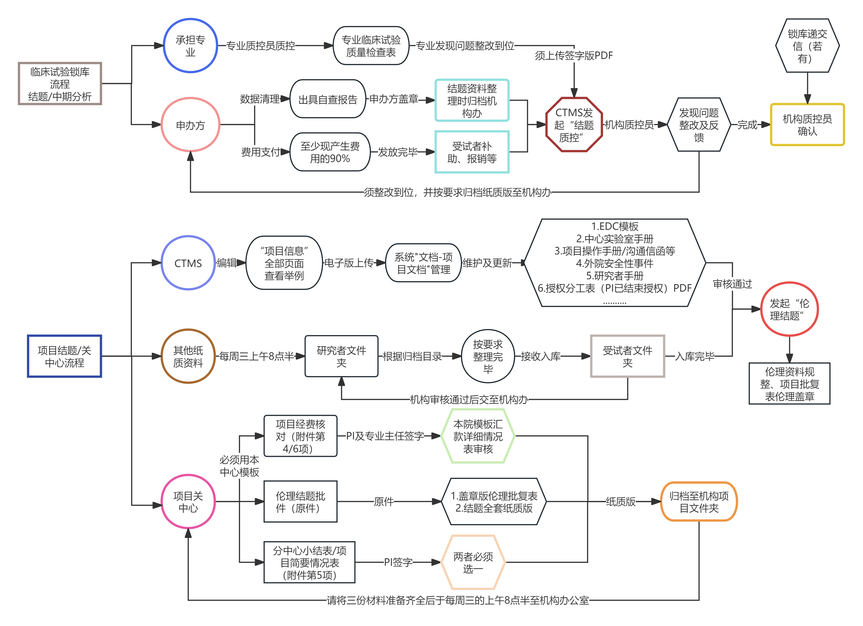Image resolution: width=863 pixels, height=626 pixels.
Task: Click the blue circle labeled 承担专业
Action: click(x=190, y=46)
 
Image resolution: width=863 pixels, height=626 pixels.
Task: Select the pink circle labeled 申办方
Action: click(x=190, y=125)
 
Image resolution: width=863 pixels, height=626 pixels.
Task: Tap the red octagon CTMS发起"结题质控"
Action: click(x=574, y=125)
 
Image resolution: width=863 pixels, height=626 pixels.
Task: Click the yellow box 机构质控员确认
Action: click(x=807, y=125)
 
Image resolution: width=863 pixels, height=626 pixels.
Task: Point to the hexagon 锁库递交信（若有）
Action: click(x=807, y=46)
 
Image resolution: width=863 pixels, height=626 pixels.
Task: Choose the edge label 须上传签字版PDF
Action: click(x=574, y=56)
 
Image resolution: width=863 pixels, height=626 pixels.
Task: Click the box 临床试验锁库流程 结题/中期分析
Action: click(x=60, y=84)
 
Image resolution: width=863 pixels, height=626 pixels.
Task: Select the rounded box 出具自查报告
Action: click(x=328, y=99)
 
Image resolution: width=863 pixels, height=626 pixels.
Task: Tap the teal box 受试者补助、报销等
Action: click(x=472, y=152)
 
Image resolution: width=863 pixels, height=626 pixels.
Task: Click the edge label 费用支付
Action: click(x=261, y=152)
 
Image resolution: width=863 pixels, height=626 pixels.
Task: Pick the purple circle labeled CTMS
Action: click(x=188, y=263)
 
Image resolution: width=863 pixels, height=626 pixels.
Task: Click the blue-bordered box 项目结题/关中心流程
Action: click(x=64, y=356)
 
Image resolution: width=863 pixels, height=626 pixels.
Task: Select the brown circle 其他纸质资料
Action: click(x=188, y=356)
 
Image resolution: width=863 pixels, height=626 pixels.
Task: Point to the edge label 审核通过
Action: click(x=732, y=284)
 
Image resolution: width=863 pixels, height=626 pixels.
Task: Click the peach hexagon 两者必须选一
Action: click(x=473, y=562)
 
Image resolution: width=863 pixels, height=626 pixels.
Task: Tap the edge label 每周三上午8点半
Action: click(x=257, y=356)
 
